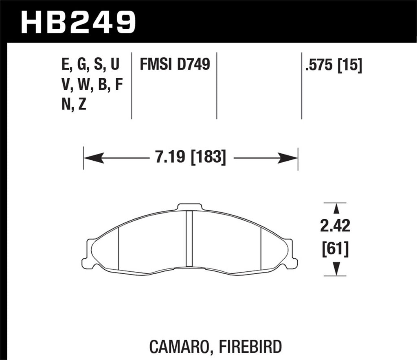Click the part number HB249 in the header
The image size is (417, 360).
[x=78, y=22]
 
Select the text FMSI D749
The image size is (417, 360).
[x=175, y=65]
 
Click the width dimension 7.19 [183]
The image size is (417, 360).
[x=191, y=157]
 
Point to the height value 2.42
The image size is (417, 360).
[x=335, y=226]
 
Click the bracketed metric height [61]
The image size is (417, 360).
[x=335, y=249]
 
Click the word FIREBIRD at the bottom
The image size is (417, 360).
[x=252, y=347]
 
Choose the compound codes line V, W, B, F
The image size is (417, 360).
[x=91, y=85]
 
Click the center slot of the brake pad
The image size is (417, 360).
[x=189, y=239]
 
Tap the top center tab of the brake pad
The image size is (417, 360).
[x=189, y=207]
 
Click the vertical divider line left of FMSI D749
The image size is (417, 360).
[x=132, y=85]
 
